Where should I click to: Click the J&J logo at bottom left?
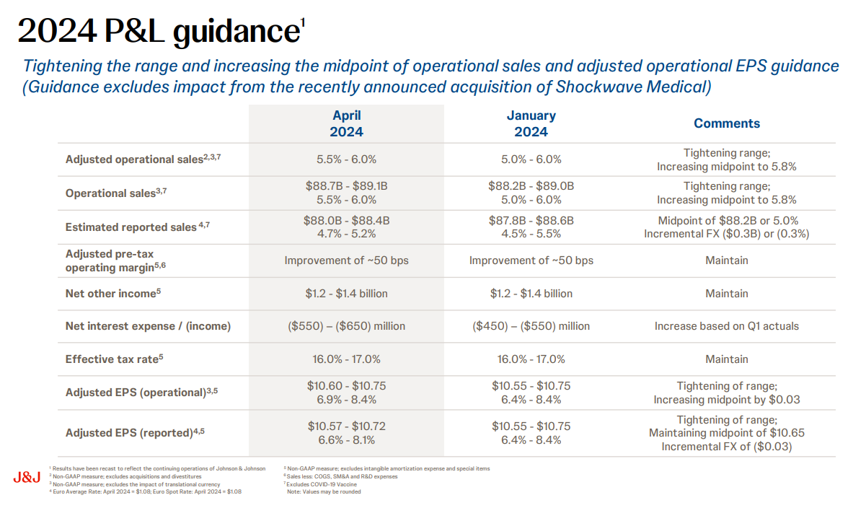click(26, 478)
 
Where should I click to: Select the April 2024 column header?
click(346, 123)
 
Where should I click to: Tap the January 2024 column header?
click(531, 123)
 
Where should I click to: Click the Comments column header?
click(727, 123)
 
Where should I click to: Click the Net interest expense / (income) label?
click(148, 326)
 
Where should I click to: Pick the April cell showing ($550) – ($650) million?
click(346, 326)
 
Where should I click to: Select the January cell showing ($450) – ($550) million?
click(531, 326)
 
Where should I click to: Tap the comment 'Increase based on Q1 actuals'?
click(727, 326)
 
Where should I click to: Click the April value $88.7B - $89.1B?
click(346, 185)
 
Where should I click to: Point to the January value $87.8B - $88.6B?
click(531, 220)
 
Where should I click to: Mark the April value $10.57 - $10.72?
click(346, 426)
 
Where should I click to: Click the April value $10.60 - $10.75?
click(346, 385)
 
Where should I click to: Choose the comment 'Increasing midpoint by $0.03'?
click(727, 399)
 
